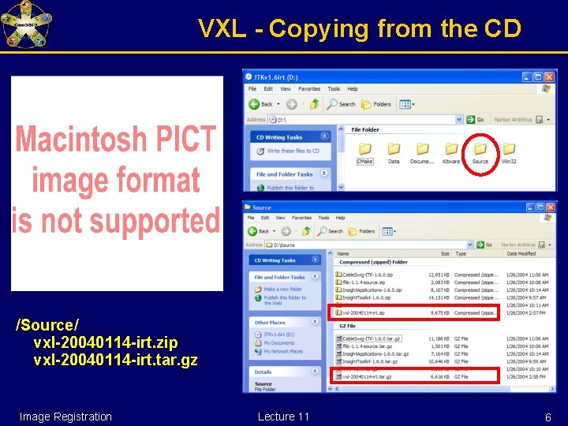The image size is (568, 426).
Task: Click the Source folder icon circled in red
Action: [480, 149]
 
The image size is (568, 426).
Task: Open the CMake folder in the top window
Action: [364, 150]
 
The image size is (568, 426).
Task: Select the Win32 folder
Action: [509, 150]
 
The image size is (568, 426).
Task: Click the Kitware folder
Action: [450, 150]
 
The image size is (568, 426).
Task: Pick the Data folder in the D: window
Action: [394, 150]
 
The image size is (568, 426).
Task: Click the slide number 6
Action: [548, 417]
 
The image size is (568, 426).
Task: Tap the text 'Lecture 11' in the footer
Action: [283, 417]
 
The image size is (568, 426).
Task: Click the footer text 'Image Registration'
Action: [65, 417]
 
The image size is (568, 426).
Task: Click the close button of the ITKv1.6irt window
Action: [549, 77]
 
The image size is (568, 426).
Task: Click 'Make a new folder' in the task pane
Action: [282, 290]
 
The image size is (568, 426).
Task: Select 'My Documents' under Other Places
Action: [278, 343]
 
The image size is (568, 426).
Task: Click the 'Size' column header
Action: [445, 254]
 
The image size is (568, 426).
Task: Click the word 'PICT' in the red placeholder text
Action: [184, 140]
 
